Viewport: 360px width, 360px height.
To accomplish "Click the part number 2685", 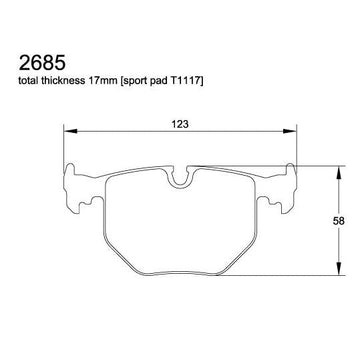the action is coord(42,63).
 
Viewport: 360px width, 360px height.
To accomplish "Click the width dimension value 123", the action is coord(180,124).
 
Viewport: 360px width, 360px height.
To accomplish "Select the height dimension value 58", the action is coord(338,221).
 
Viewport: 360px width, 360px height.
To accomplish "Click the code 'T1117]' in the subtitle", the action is coord(189,81).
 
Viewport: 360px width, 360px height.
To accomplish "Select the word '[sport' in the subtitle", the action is coord(133,82).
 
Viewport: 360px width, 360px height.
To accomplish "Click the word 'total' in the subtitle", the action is coord(29,81).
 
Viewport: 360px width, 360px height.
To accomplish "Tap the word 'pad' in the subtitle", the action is coord(161,82).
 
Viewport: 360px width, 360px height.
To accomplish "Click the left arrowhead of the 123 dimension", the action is coord(70,131).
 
